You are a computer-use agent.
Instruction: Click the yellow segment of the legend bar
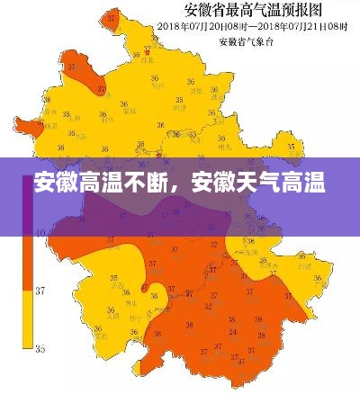[28, 318]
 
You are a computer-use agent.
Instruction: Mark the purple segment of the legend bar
[28, 211]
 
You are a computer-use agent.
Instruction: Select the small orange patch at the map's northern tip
[112, 17]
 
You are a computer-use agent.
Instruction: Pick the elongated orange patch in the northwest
[88, 72]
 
